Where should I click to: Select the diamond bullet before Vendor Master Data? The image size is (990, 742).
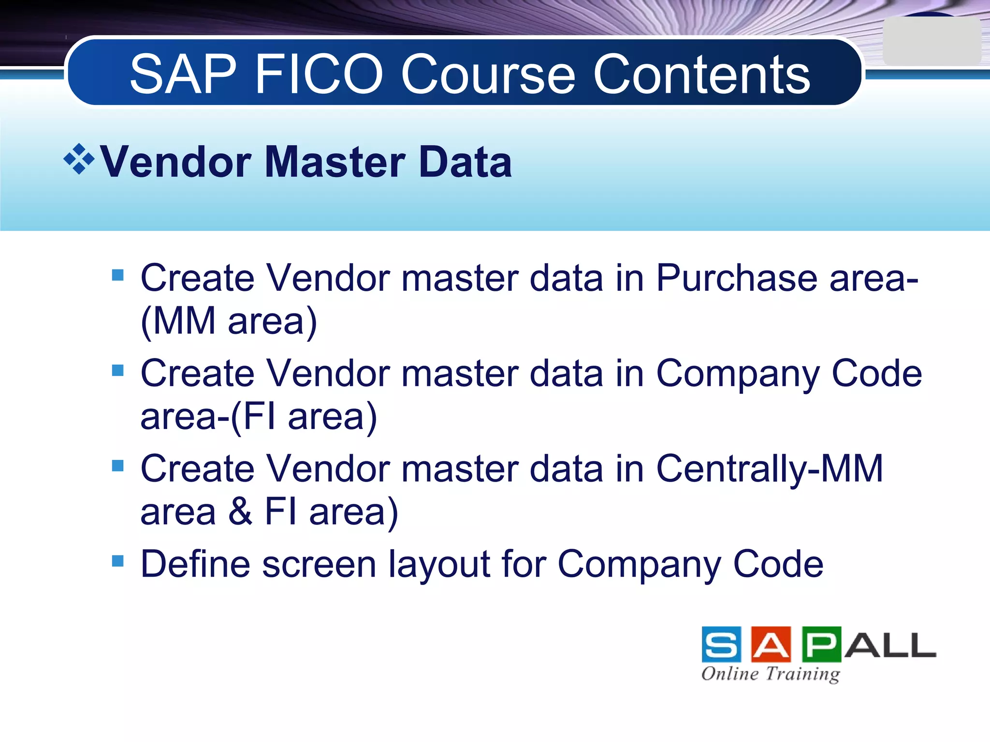click(79, 158)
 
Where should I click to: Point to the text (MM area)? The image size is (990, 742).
click(229, 321)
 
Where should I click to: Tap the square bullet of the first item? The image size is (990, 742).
click(117, 275)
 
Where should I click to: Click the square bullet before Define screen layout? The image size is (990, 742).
click(117, 561)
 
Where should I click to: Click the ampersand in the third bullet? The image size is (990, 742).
click(240, 512)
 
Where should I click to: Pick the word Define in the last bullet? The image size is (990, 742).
click(195, 564)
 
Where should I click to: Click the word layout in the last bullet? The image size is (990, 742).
click(439, 564)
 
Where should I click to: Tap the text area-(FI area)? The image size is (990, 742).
click(259, 416)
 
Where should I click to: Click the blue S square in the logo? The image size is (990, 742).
click(721, 644)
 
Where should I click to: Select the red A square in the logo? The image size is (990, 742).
click(771, 644)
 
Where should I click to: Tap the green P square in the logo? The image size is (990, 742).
click(821, 644)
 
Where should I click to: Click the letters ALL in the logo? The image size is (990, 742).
click(890, 645)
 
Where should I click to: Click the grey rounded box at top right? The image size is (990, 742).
click(931, 42)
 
